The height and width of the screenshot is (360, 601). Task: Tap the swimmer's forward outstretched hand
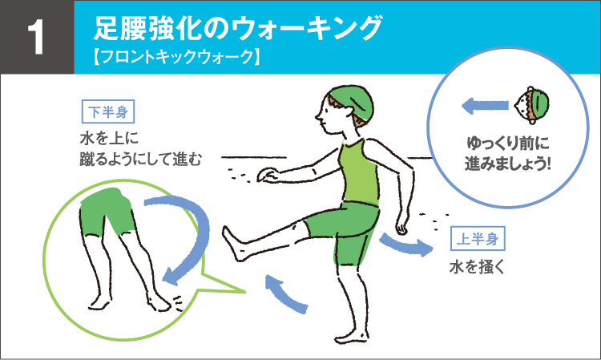[269, 175]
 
